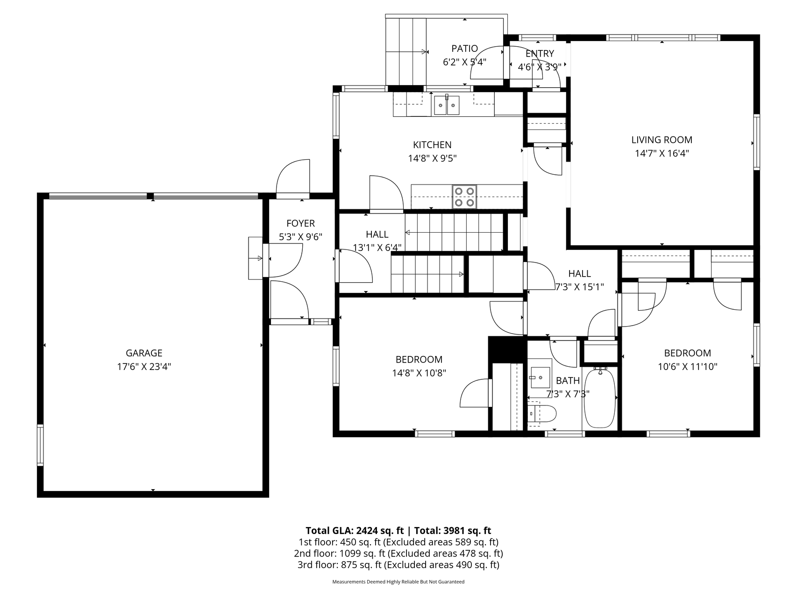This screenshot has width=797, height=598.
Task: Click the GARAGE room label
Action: point(144,353)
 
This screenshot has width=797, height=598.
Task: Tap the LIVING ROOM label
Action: point(662,140)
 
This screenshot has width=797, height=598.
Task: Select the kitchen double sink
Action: point(447,105)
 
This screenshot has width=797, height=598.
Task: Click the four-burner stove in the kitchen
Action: point(464,197)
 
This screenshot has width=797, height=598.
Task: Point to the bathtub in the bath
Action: point(600,398)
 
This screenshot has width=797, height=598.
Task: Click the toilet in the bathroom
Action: point(542,413)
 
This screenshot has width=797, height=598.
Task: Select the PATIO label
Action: point(464,49)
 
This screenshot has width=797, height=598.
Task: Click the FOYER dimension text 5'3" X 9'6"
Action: point(300,237)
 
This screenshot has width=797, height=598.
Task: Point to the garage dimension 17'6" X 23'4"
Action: point(144,367)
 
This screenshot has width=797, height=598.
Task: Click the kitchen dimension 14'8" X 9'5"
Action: point(432,158)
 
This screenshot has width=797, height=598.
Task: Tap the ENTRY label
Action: point(540,54)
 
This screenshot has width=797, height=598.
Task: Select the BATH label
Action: point(568,381)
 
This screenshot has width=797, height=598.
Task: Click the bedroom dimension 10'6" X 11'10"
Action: point(688,367)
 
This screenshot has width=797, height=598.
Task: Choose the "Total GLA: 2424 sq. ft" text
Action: point(355,530)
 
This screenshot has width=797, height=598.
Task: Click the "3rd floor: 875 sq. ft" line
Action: point(340,565)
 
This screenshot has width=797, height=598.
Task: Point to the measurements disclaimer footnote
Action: point(398,582)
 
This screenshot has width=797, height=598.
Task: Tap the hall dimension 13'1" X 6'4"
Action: point(377,248)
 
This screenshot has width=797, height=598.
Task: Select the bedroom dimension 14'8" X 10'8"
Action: point(419,373)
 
